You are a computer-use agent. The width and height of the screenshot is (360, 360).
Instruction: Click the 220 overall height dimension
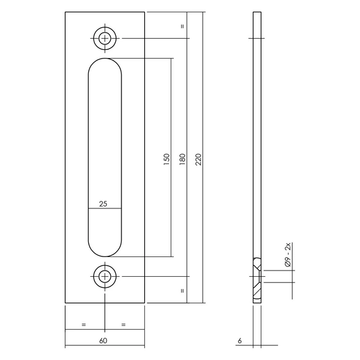199,160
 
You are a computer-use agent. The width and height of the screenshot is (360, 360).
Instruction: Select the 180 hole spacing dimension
182,160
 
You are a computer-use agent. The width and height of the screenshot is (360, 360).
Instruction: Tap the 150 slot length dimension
166,160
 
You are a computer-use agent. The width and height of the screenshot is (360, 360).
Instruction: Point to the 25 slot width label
103,203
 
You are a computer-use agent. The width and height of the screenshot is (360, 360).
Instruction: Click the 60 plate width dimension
103,341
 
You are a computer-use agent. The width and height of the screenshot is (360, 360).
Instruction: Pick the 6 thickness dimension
240,341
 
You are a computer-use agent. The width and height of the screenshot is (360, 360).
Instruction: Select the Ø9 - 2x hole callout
288,255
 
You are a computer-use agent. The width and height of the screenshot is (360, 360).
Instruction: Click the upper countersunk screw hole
105,38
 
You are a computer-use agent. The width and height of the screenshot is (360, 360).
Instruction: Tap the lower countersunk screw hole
105,276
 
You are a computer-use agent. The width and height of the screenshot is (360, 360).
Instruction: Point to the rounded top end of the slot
105,59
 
